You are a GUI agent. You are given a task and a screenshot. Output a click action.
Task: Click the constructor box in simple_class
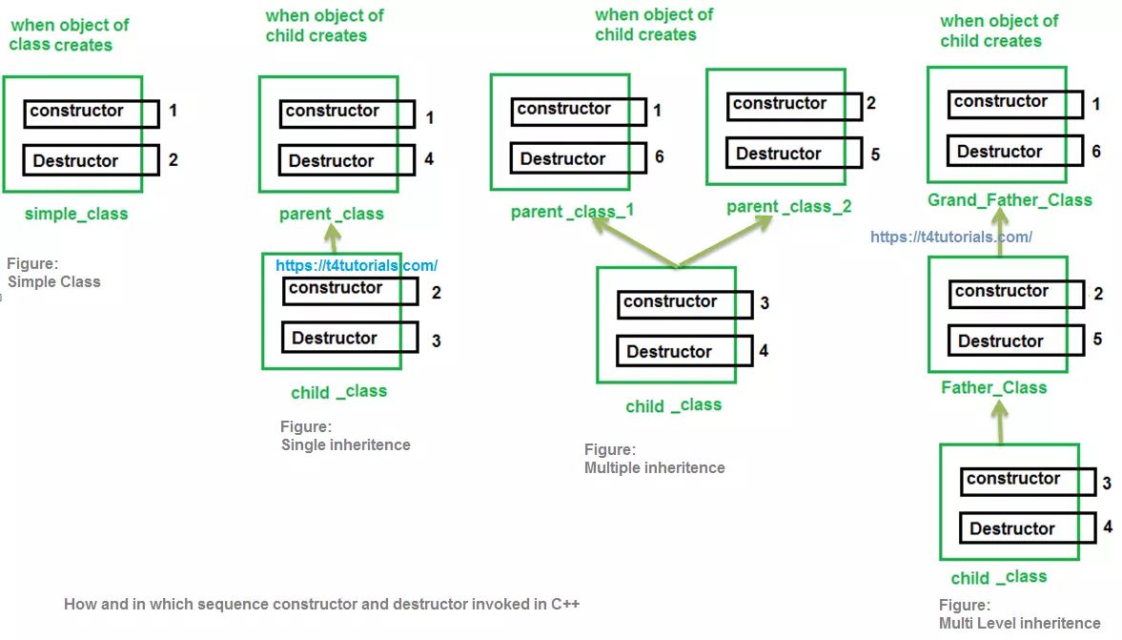coord(92,113)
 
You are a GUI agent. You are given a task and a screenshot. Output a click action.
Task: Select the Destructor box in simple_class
coord(92,160)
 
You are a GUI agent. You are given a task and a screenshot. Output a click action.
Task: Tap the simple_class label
coord(76,214)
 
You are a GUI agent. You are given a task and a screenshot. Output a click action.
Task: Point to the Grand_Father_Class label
coord(1010,200)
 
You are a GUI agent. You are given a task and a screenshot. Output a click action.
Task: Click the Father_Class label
coord(993,387)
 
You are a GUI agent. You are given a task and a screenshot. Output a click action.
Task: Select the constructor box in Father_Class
coord(1016,293)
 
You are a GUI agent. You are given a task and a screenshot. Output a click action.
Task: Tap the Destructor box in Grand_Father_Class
coord(1015,152)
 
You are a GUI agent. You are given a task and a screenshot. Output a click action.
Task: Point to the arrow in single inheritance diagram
coord(332,237)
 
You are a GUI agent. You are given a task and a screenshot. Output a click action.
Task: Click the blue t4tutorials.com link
coord(357,266)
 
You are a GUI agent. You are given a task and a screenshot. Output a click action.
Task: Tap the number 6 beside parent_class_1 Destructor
coord(659,157)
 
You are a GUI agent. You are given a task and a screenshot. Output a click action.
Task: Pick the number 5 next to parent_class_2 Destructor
coord(875,154)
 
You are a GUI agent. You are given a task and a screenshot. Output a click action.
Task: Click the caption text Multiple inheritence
coord(654,467)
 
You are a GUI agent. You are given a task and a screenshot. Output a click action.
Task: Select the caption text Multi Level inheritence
coord(1019,623)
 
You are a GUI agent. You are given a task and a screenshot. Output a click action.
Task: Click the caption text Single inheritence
coord(345,444)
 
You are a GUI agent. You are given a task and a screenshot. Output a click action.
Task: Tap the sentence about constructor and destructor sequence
coord(321,604)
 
